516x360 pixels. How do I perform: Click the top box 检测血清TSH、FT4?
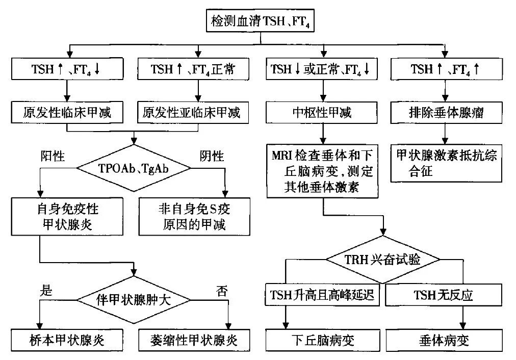tap(261, 21)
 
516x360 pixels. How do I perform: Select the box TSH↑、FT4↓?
tap(68, 69)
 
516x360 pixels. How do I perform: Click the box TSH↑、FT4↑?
tap(445, 69)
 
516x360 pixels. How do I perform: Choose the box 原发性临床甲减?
tap(68, 113)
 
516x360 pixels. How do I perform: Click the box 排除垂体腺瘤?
tap(445, 113)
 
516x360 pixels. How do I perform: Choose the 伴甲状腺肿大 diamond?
tap(133, 299)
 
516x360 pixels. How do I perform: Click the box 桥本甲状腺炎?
tap(68, 339)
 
